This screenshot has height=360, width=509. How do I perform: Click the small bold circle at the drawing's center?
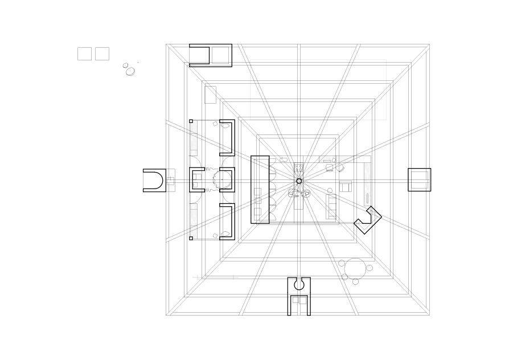299,181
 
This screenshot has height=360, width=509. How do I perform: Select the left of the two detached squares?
84,54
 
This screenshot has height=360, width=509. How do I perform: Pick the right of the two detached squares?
102,54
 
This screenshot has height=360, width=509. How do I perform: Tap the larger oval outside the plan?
130,71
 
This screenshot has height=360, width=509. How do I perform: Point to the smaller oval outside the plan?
125,66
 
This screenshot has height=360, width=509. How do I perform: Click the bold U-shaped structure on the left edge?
154,180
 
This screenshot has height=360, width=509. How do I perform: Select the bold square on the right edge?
419,179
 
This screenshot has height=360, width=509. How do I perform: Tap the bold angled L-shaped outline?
368,220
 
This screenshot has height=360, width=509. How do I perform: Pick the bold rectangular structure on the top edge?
210,55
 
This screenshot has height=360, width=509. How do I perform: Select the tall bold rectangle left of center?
260,189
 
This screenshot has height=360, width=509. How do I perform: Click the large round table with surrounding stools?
355,268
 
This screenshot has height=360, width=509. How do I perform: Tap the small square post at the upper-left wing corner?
191,121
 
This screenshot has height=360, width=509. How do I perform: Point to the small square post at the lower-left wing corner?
191,238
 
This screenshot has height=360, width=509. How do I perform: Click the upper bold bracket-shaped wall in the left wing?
227,137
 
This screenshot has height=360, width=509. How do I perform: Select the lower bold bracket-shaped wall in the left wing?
227,222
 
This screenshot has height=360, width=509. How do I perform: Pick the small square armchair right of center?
346,186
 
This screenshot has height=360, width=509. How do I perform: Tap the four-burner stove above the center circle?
299,168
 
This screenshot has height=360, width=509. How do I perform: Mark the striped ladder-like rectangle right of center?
331,206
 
